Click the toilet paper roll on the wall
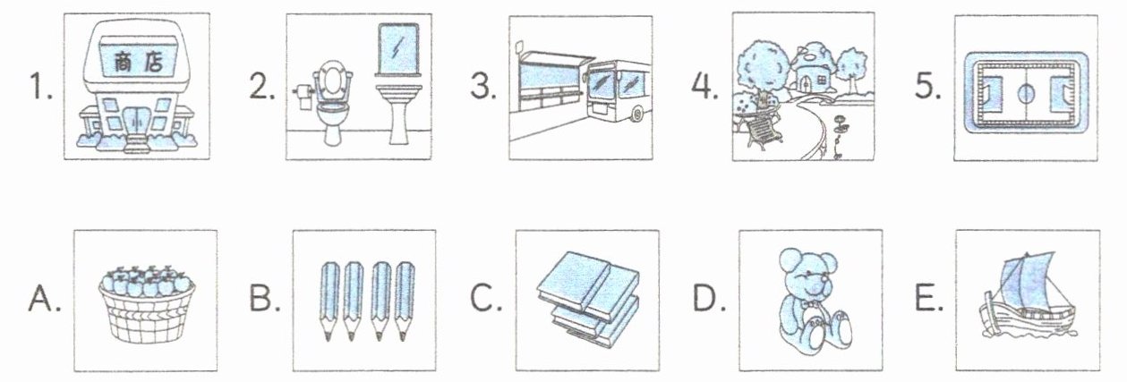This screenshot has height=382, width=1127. click(x=303, y=92)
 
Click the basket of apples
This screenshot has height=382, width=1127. click(x=144, y=307)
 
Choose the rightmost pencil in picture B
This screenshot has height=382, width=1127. click(x=406, y=301)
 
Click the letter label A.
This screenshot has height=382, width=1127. click(x=45, y=301)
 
